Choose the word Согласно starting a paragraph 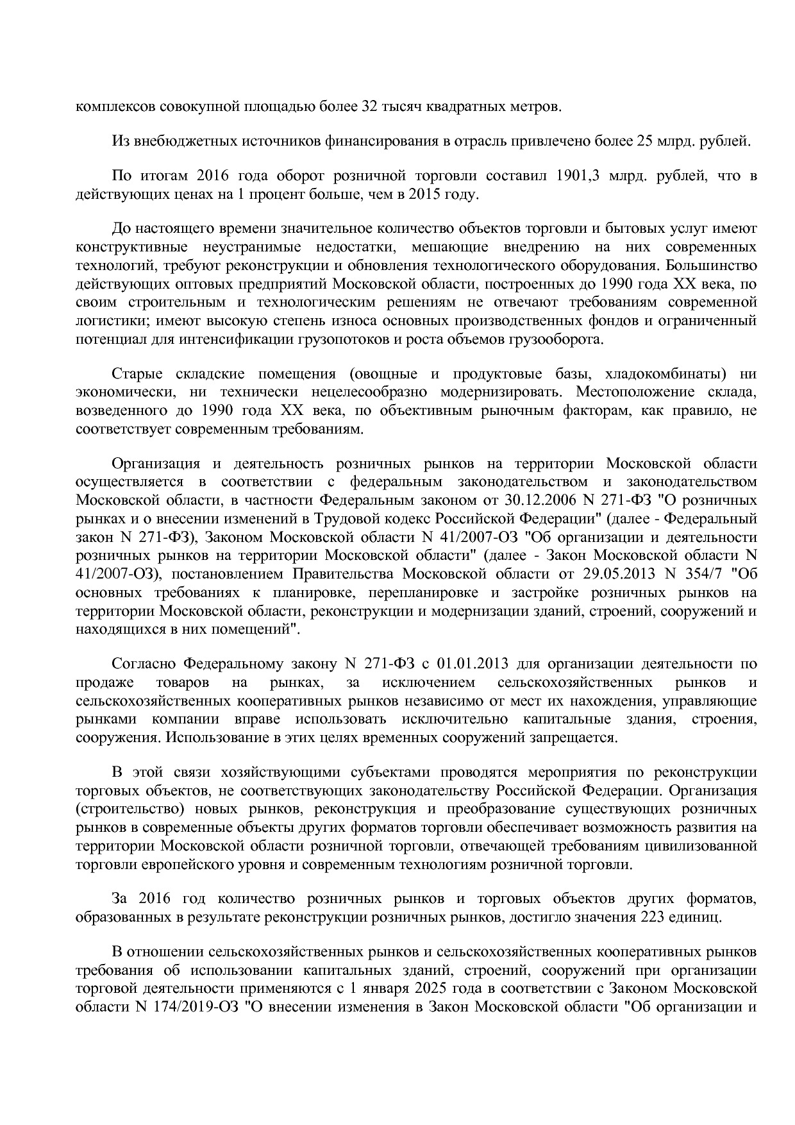[143, 663]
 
